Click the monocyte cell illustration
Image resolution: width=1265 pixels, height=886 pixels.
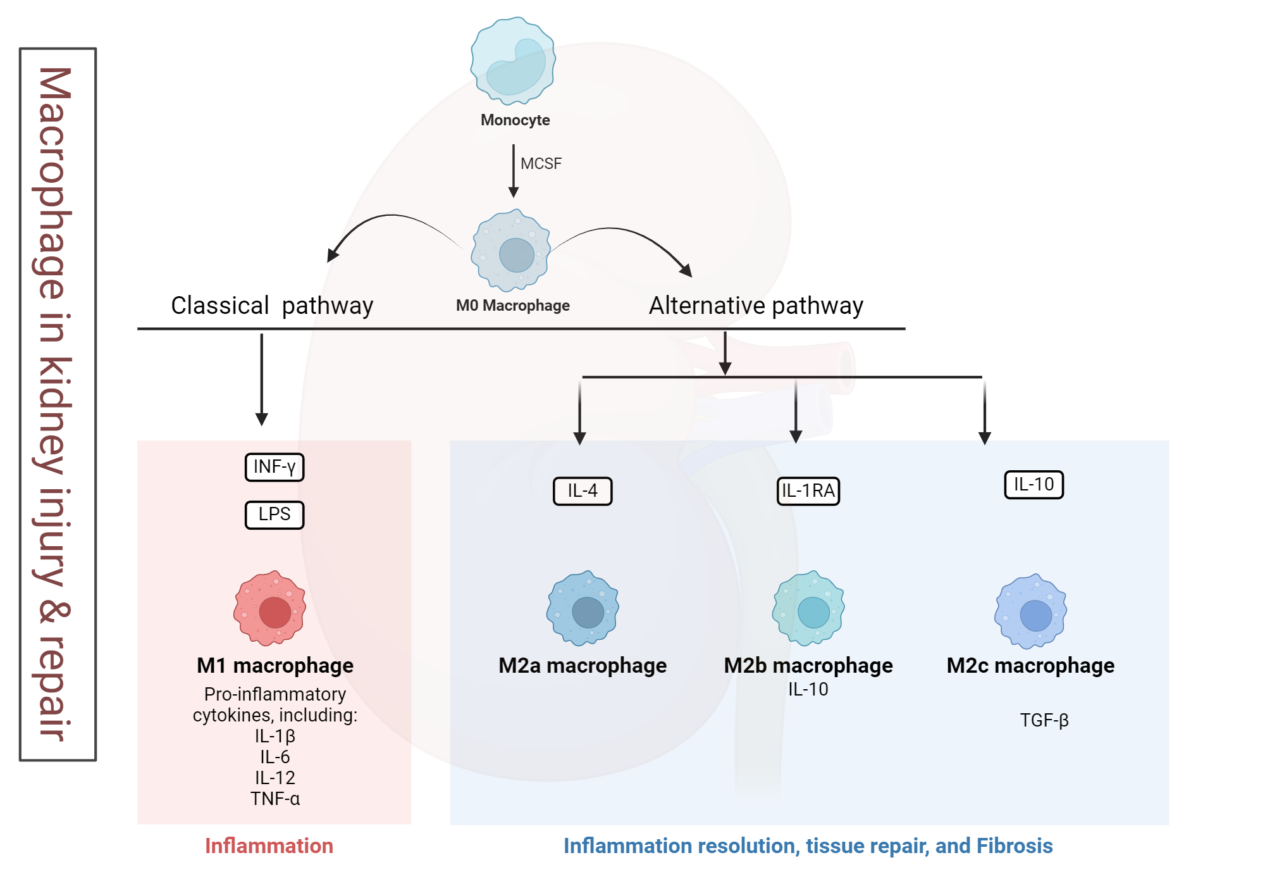(513, 61)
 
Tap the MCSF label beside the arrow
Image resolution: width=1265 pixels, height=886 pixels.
(541, 164)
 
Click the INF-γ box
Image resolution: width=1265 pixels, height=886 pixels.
(275, 467)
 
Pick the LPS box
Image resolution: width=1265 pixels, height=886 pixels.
(275, 515)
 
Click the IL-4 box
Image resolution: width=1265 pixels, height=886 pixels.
(583, 491)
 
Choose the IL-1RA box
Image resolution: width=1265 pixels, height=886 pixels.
(808, 491)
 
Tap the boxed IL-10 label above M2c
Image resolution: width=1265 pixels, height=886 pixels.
(1034, 485)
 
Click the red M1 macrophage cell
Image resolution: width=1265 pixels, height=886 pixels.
(270, 609)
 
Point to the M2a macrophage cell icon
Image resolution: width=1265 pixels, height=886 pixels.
(583, 609)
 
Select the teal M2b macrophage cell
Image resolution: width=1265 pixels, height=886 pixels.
(808, 609)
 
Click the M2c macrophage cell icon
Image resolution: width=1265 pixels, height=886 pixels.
(1031, 611)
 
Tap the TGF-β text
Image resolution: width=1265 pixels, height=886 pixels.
(1044, 720)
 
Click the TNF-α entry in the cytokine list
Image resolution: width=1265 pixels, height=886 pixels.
(275, 799)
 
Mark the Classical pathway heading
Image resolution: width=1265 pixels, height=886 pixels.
(272, 306)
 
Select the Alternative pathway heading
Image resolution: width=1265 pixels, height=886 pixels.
(756, 306)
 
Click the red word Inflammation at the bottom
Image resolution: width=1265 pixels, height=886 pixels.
(269, 846)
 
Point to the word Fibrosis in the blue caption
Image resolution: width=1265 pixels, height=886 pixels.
(1015, 846)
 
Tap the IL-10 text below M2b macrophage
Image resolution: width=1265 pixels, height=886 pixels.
(808, 689)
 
